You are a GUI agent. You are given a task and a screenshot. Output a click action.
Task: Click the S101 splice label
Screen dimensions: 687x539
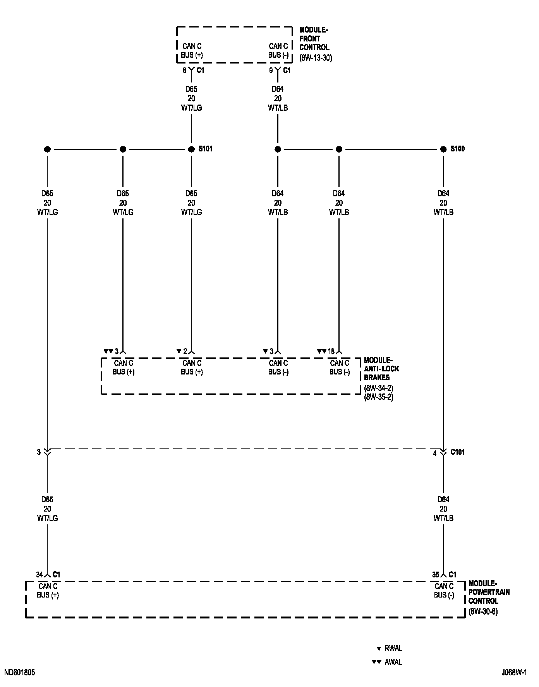[x=205, y=149]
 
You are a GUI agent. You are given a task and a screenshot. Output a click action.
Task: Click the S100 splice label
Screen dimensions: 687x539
[x=457, y=149]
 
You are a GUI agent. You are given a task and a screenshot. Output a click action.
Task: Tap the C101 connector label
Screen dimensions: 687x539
[x=457, y=452]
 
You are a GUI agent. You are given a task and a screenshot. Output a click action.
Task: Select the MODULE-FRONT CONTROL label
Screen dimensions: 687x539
[x=314, y=39]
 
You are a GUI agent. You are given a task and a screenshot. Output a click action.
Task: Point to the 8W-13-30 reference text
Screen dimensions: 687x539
[x=316, y=58]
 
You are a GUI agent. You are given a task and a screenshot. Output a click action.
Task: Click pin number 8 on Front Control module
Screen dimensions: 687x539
[x=185, y=70]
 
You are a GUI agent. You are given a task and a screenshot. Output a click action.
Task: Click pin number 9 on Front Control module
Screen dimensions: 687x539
[x=271, y=70]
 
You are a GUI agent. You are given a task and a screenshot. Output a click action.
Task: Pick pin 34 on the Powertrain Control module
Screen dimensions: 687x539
[x=39, y=575]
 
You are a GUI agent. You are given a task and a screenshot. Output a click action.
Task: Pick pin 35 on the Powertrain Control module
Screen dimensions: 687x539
[x=436, y=575]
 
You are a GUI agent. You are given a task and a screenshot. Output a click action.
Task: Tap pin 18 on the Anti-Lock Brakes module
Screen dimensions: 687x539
[x=331, y=352]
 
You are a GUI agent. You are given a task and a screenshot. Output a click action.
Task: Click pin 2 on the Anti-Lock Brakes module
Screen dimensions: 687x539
[x=185, y=352]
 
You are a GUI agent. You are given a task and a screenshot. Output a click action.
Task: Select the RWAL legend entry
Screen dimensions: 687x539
[x=393, y=648]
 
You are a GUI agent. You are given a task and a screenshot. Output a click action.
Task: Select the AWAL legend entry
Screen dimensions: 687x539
[x=393, y=662]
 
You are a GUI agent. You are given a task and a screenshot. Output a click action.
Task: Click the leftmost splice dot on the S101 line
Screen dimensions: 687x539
[x=47, y=149]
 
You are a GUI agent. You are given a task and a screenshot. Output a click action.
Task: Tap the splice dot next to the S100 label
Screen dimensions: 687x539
[x=443, y=149]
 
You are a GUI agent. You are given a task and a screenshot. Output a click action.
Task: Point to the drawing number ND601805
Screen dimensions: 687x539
[x=20, y=673]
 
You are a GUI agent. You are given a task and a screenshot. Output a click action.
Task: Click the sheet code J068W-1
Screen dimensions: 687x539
[x=514, y=673]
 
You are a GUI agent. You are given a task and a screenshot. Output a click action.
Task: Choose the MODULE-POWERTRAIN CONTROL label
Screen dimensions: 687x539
[x=489, y=592]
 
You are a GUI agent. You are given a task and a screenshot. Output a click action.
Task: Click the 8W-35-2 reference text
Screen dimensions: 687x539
[x=378, y=397]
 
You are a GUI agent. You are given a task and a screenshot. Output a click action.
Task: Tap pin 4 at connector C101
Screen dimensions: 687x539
[x=435, y=453]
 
